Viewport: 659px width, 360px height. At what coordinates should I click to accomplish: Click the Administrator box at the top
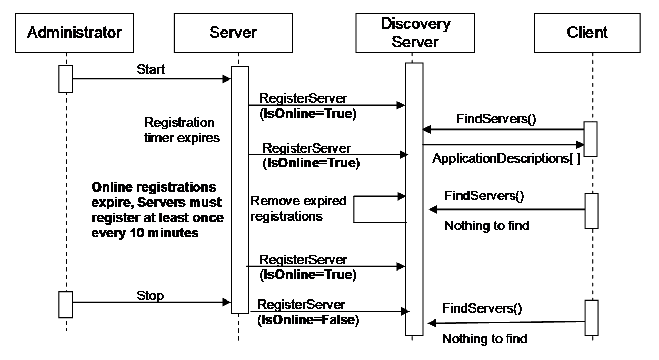coord(74,33)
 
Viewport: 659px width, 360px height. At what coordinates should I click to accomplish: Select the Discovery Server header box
coord(415,33)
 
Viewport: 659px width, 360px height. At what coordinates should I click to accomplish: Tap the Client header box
coord(587,33)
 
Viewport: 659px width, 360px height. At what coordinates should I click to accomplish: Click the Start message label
coord(151,69)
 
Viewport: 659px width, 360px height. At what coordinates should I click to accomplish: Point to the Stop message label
coord(150,296)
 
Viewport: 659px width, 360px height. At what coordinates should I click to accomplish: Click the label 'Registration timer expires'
coord(182,130)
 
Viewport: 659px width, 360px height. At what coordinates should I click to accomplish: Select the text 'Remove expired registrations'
coord(298,208)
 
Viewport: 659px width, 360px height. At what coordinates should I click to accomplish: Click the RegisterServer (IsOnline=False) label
coord(308,312)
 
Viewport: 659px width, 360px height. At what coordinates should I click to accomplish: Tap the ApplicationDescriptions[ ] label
coord(506,159)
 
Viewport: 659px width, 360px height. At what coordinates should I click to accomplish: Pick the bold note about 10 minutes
coord(157,210)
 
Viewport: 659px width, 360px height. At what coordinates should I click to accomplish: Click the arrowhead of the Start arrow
coord(227,79)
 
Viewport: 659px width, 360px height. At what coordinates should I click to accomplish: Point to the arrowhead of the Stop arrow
coord(227,302)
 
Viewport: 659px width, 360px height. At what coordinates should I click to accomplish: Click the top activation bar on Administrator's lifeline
coord(66,79)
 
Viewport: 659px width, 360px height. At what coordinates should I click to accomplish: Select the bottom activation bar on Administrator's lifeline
coord(66,305)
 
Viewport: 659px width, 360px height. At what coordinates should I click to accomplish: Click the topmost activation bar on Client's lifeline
coord(591,139)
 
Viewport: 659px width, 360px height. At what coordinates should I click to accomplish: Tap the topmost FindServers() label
coord(496,119)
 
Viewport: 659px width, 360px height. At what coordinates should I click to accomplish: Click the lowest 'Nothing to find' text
coord(485,339)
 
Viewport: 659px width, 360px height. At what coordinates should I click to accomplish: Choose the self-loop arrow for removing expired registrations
coord(354,209)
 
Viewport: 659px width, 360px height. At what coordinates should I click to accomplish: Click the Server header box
coord(233,33)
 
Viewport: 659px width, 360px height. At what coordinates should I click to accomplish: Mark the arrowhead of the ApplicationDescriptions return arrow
coord(580,145)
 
